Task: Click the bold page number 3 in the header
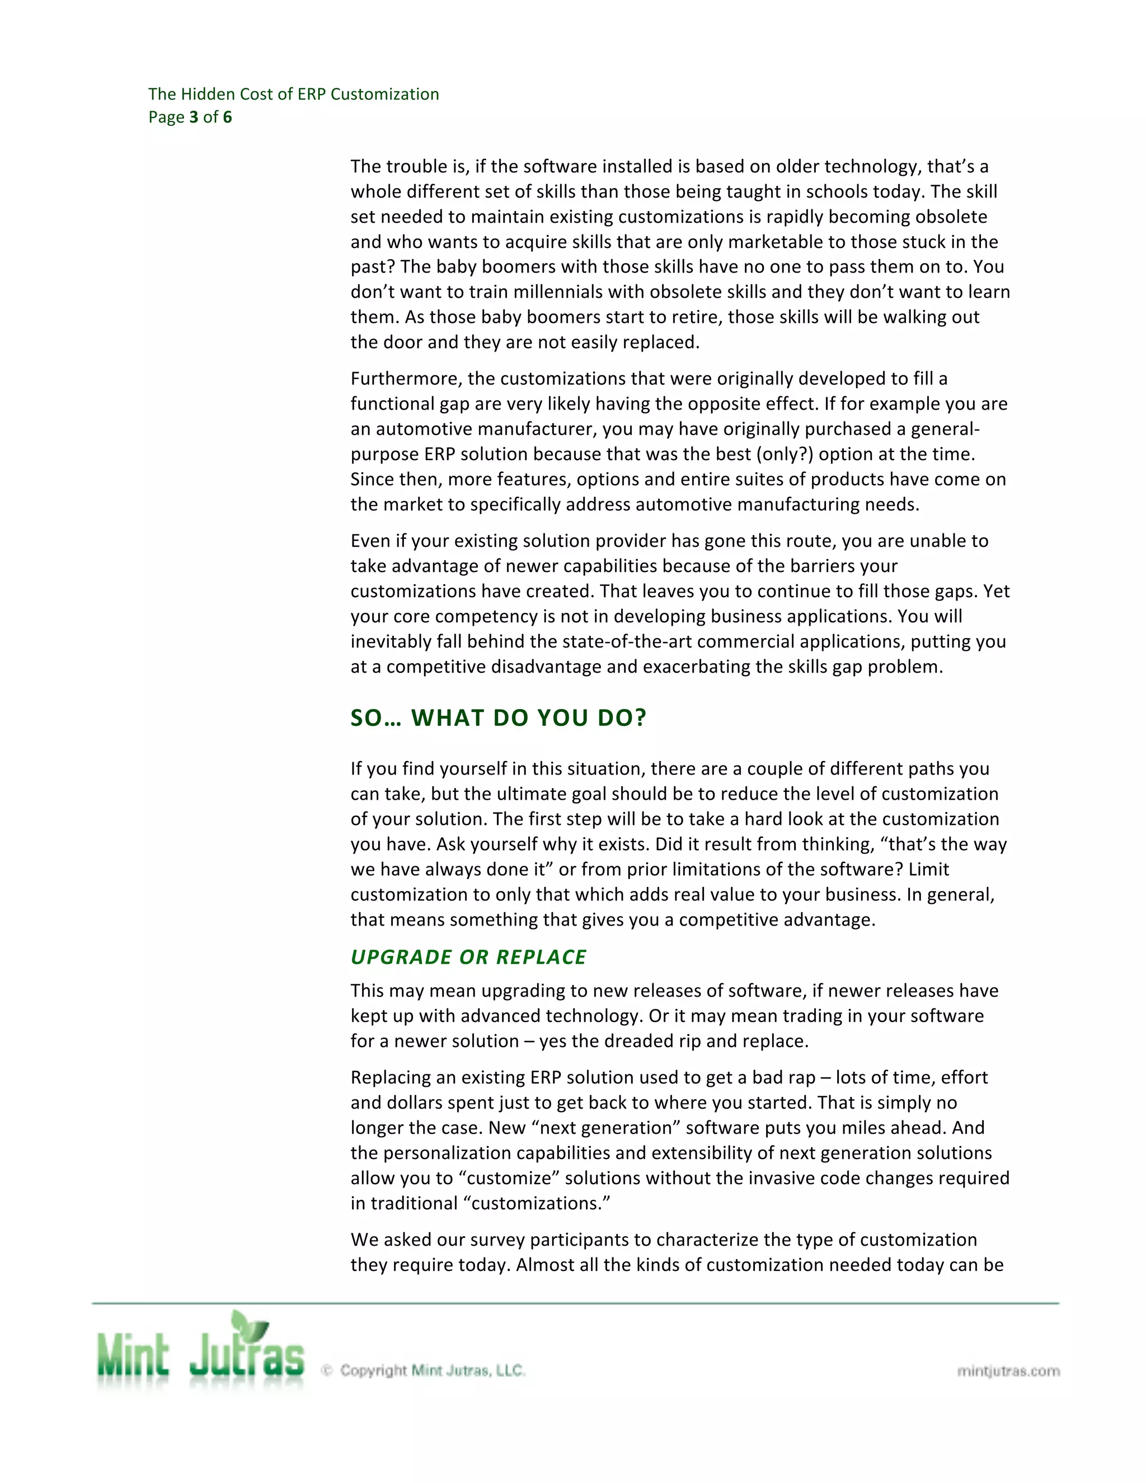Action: point(194,117)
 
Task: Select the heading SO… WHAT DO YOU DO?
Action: point(499,718)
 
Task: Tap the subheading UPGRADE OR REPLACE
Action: point(468,957)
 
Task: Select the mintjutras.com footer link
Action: point(1008,1371)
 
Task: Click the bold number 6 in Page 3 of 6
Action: point(227,117)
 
